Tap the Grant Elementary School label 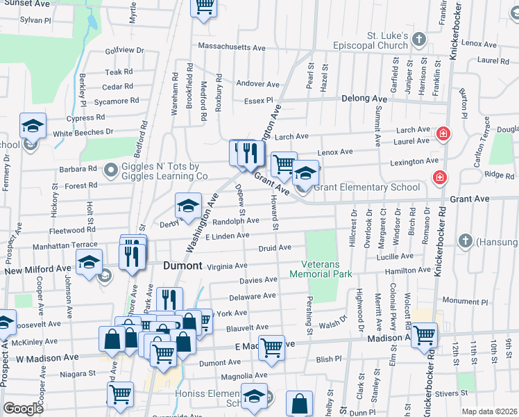[x=366, y=187]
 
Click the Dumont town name [x=182, y=266]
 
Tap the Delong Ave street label [x=364, y=99]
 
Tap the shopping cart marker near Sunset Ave [x=203, y=7]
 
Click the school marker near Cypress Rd [x=33, y=126]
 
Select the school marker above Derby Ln [x=187, y=206]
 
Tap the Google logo [x=23, y=409]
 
